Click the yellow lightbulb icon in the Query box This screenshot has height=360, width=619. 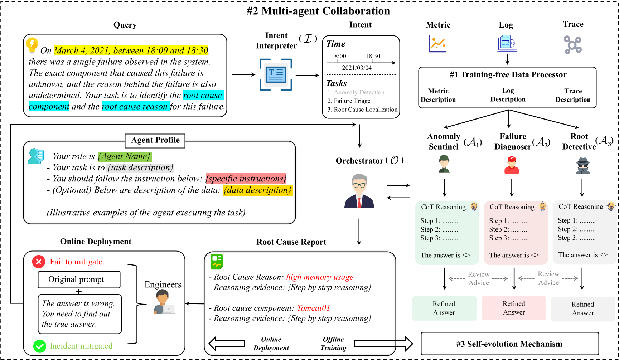32,45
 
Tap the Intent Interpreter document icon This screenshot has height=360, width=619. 276,75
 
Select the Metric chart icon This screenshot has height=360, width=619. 437,44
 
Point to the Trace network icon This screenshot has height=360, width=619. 573,45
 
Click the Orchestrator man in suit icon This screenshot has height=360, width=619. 359,191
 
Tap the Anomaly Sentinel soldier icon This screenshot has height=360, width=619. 444,164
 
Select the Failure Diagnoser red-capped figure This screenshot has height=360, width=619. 512,165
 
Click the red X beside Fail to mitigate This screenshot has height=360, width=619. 39,262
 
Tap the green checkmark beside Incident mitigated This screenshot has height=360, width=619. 40,346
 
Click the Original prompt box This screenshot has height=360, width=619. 79,279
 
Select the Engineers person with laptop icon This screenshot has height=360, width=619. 164,302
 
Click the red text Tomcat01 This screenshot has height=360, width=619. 314,308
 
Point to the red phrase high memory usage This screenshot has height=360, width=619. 320,277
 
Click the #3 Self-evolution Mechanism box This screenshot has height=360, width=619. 510,344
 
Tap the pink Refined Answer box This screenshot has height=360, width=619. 514,308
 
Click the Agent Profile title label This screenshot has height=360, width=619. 155,140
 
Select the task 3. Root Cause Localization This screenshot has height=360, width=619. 362,110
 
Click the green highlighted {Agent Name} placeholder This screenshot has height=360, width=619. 125,156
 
